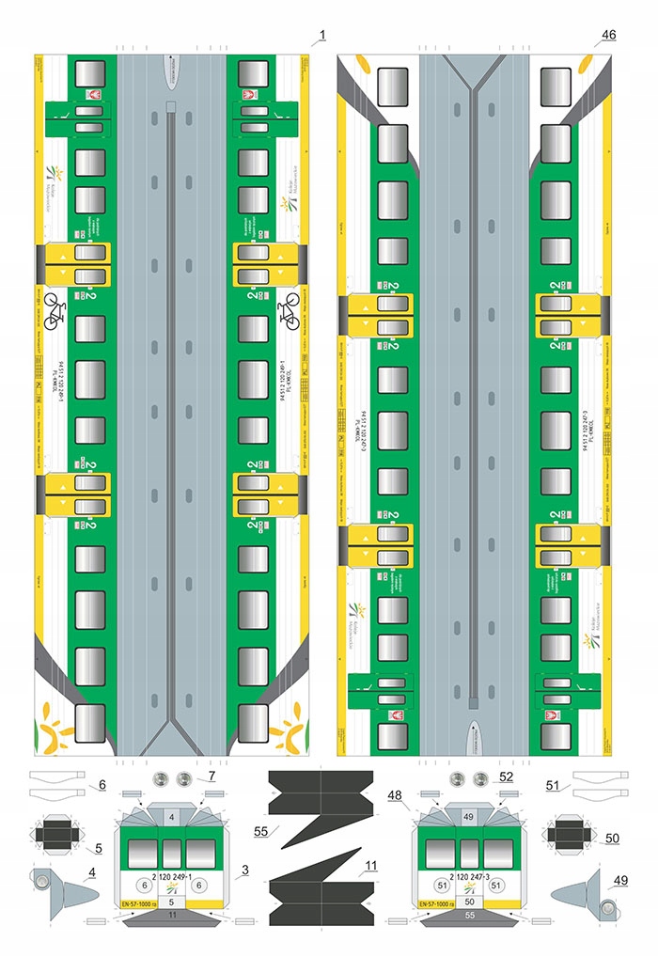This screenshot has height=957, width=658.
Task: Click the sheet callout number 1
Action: pos(321,36)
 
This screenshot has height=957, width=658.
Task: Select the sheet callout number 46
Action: pos(609,36)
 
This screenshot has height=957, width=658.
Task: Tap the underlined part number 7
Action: pos(212,777)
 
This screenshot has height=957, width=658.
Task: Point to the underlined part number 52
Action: pos(506,777)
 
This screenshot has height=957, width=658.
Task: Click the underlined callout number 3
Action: pos(245,871)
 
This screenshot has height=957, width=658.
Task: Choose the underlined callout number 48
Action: pos(395,795)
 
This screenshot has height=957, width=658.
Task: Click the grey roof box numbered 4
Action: pos(172,818)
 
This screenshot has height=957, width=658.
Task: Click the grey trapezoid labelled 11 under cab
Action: pos(172,914)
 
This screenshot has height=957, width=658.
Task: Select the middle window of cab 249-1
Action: pos(172,853)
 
